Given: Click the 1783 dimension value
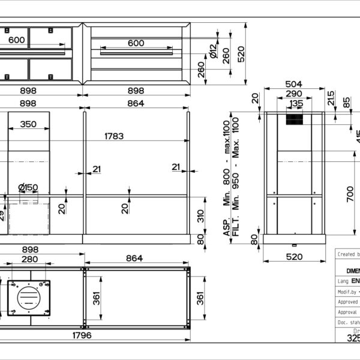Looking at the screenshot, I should tap(114, 136).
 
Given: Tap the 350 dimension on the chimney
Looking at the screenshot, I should tap(28, 124).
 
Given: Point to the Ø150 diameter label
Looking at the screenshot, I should tap(28, 187).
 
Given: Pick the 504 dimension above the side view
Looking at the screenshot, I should tap(293, 84).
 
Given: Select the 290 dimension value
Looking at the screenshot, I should tap(293, 94).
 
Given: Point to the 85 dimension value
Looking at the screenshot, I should tap(347, 102).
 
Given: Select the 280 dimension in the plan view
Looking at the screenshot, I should tap(30, 259).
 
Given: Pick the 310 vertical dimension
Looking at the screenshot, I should tap(200, 214).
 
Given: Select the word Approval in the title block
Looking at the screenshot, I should tap(347, 312).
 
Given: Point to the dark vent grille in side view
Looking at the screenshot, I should tap(294, 119).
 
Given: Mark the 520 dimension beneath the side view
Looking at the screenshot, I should tap(294, 257).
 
